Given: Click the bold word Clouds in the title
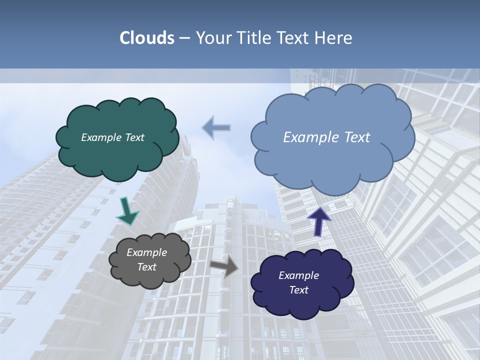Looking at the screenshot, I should [x=146, y=38].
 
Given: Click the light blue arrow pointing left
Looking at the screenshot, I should [x=216, y=127].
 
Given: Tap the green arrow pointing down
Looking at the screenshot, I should [x=127, y=211].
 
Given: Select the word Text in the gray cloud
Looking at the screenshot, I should [x=147, y=267].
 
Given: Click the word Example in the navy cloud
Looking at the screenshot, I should [x=298, y=275].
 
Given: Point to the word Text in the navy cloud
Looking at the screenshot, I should [x=298, y=290].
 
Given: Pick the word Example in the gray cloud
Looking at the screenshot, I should [x=147, y=252].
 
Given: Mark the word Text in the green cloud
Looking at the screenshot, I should [x=133, y=137].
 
